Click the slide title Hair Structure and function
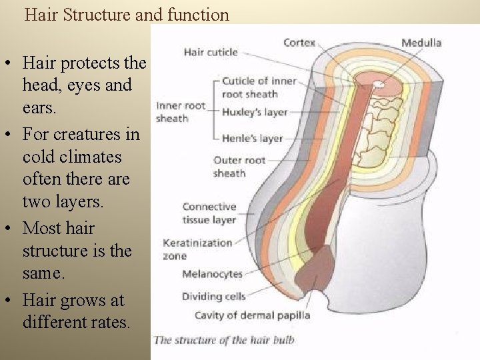tap(127, 15)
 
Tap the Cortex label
tap(299, 42)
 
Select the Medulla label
tap(421, 43)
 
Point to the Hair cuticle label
tap(210, 52)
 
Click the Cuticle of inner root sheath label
tap(259, 87)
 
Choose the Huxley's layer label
tap(256, 111)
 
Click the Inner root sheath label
tap(181, 112)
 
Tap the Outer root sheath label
tap(239, 167)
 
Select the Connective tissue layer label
tap(209, 213)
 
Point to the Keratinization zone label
tap(197, 249)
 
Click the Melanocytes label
tap(212, 274)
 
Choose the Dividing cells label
tap(214, 296)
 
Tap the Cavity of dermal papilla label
tap(252, 315)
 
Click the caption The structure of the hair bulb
tap(224, 340)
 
